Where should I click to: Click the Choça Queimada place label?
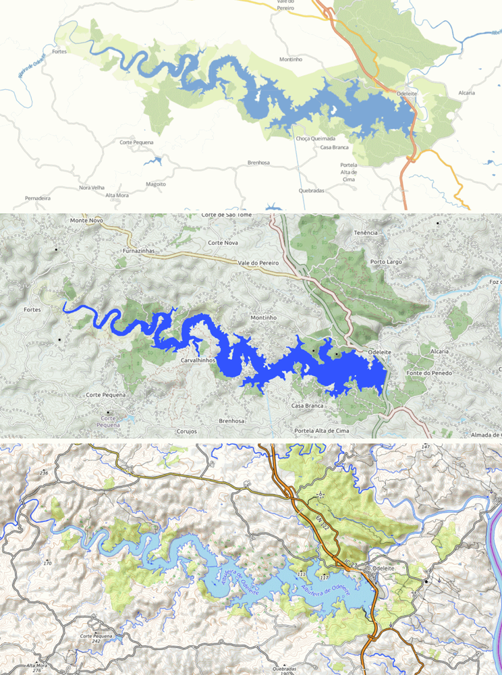[311, 138]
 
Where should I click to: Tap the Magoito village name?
[156, 184]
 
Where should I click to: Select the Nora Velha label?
[92, 188]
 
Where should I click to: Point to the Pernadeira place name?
[38, 198]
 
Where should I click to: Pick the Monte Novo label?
[86, 221]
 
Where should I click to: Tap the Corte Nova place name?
[225, 242]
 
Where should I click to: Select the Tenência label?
[365, 233]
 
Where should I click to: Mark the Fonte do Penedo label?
[428, 373]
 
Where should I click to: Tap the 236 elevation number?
[45, 473]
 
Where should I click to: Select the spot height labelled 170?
[47, 563]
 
